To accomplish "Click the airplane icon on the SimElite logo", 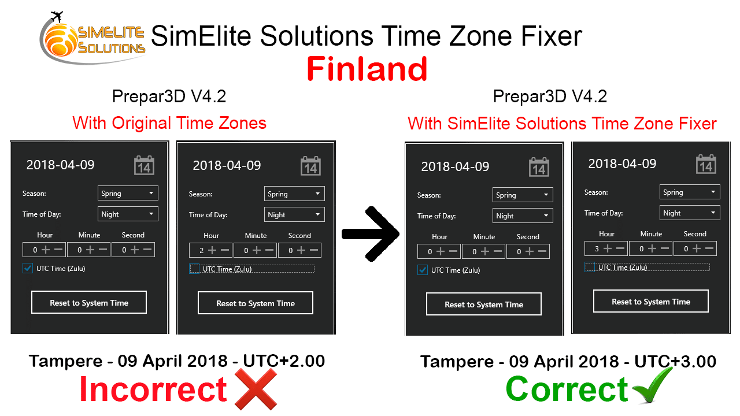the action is [x=57, y=16].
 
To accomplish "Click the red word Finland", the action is [x=367, y=69].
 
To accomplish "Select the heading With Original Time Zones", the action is [x=169, y=123].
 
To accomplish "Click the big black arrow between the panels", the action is [x=371, y=234].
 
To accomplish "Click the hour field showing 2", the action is [x=210, y=251].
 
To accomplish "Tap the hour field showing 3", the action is [x=606, y=248].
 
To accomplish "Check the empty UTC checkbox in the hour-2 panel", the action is [x=194, y=269].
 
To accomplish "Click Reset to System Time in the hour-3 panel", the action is [x=651, y=302].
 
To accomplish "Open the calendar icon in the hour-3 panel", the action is [x=706, y=164].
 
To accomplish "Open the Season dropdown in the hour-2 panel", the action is [x=294, y=194].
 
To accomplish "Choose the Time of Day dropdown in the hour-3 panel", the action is [x=690, y=213].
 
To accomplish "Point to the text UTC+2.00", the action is [x=284, y=361].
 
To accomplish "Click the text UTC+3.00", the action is [x=675, y=362].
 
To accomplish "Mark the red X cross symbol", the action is [x=256, y=389].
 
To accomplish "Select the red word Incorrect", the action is [x=153, y=389].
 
